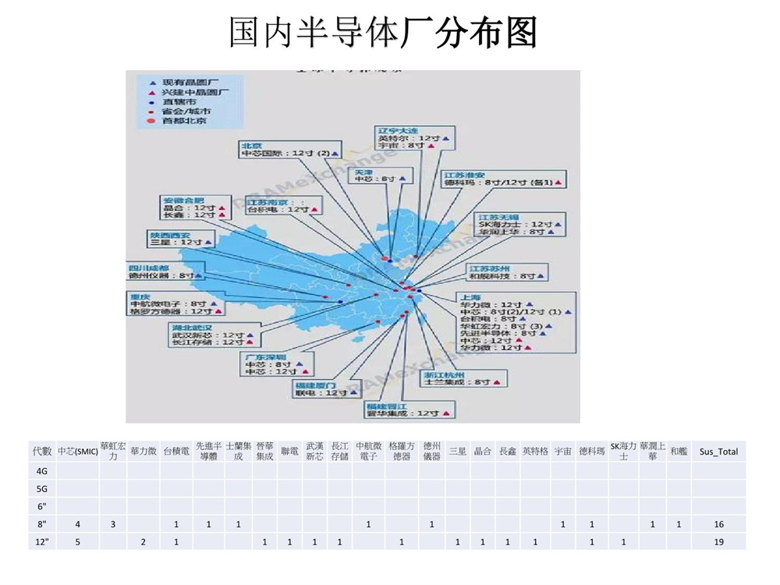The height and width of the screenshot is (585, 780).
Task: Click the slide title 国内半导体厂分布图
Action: (x=383, y=33)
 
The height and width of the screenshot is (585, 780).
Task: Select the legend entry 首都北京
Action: (x=184, y=121)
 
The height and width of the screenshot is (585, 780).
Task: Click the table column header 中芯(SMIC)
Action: (x=77, y=452)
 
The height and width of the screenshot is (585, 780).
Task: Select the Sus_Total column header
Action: (x=718, y=452)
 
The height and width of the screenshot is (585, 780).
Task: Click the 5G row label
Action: (x=42, y=489)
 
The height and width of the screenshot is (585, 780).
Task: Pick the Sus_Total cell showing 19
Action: (x=718, y=542)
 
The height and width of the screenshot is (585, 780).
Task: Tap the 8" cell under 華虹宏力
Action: (x=112, y=525)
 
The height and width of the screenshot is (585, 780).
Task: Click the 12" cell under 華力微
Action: (x=144, y=542)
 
